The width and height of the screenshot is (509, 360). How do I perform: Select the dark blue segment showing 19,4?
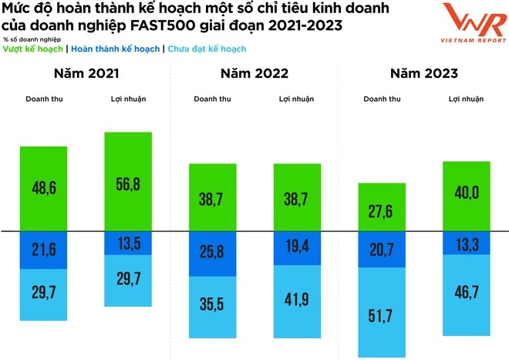(x=297, y=246)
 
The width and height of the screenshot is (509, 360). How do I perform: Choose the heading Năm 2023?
(x=425, y=74)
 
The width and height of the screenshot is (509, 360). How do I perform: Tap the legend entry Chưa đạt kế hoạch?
(x=206, y=49)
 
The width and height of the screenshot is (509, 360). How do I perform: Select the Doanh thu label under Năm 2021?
(x=45, y=99)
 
